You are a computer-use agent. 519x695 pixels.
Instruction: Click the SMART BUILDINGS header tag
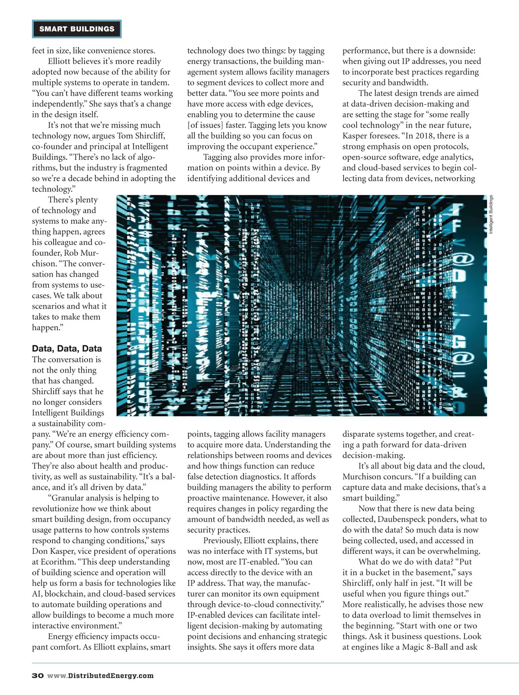77,29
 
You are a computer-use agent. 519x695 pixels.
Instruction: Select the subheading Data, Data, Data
67,348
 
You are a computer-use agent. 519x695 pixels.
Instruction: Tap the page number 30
38,676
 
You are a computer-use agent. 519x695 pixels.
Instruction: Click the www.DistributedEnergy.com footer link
100,676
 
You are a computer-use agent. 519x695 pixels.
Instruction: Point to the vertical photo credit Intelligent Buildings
491,215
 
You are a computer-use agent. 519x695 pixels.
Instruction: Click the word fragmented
144,168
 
